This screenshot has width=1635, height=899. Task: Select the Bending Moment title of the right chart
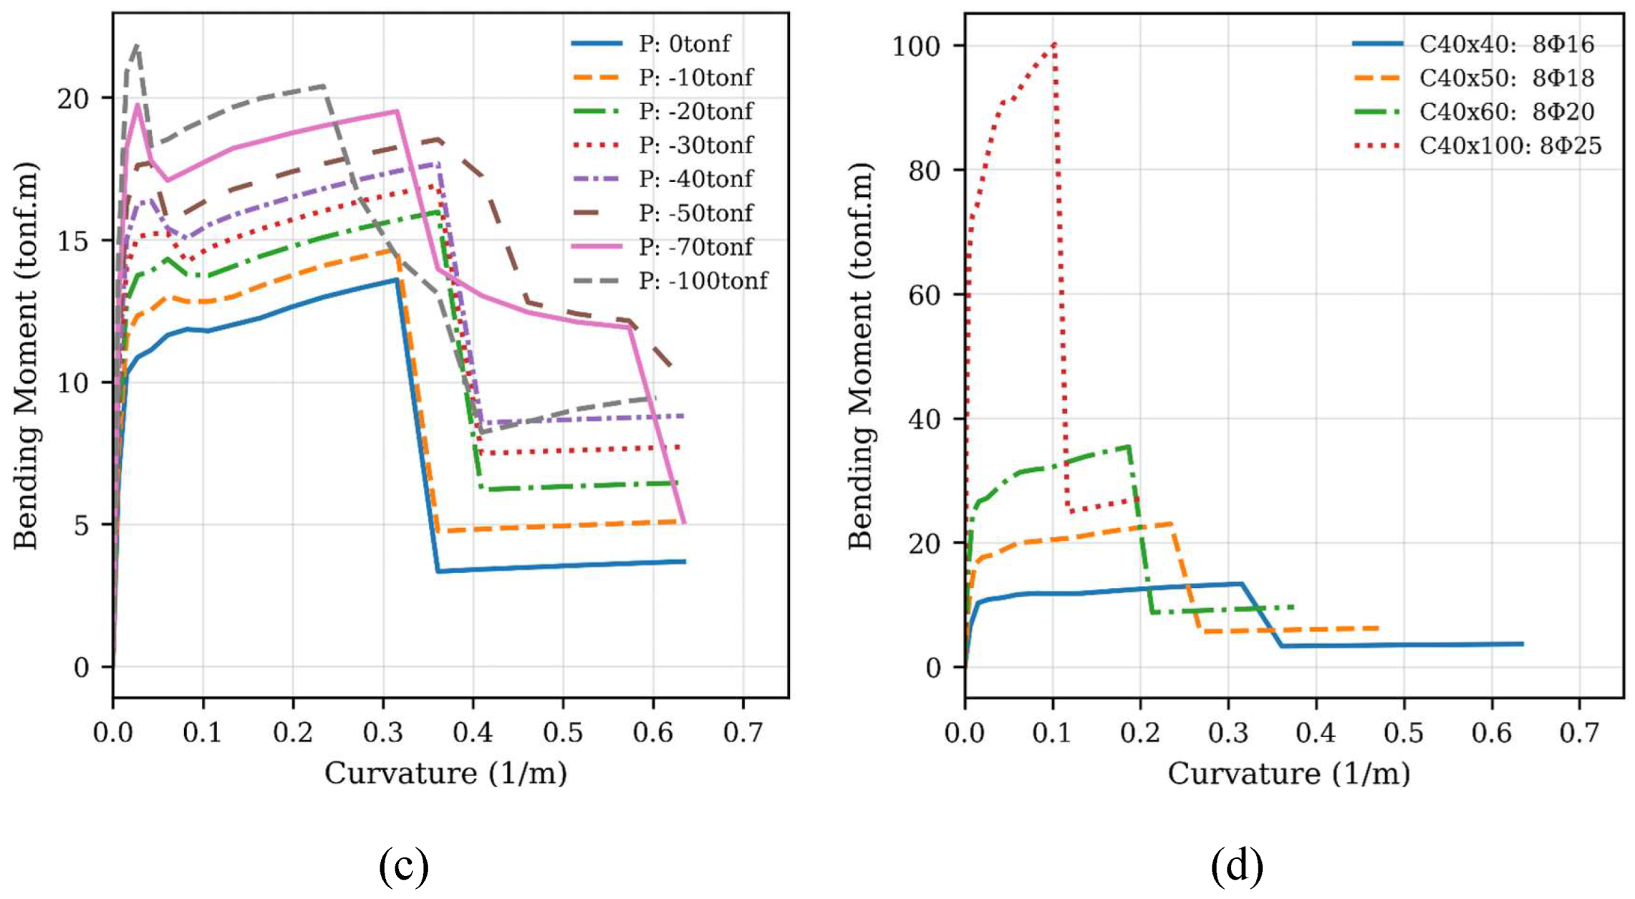coord(861,356)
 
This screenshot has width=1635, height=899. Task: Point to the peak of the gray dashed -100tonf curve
coord(136,44)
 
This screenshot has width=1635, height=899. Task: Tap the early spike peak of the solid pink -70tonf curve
coord(137,105)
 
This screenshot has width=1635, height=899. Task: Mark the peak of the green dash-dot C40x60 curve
coord(1129,446)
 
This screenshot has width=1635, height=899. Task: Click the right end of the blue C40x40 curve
coord(1523,644)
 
